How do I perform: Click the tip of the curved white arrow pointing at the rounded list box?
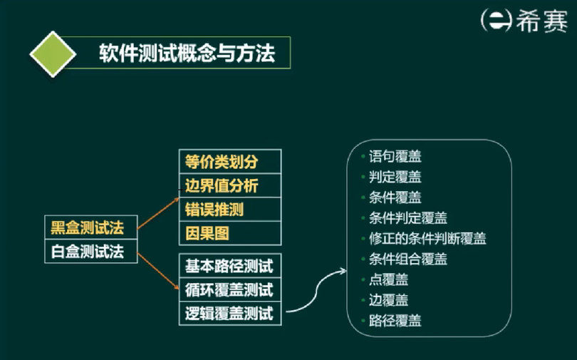(x=346, y=272)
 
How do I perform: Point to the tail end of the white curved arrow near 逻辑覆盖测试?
(x=286, y=312)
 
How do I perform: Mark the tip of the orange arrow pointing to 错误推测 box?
(x=179, y=198)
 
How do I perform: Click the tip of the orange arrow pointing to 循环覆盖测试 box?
(x=179, y=289)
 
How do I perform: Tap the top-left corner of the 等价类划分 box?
(x=180, y=150)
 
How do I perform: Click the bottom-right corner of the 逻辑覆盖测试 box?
(x=281, y=325)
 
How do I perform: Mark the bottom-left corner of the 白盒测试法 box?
(x=45, y=263)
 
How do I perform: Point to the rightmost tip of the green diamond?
(x=76, y=54)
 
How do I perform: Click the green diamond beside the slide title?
(x=53, y=54)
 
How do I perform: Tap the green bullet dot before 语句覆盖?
(x=363, y=156)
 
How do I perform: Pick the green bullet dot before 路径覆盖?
(x=363, y=320)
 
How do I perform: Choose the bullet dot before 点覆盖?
(x=363, y=279)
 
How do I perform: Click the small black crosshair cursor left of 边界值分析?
(x=181, y=190)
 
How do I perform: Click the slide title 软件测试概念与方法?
(x=187, y=53)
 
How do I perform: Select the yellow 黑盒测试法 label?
(x=87, y=227)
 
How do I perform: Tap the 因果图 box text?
(x=207, y=233)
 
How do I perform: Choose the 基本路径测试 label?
(x=229, y=266)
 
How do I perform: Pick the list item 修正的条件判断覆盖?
(x=427, y=239)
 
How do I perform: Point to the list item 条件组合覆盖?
(x=408, y=259)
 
